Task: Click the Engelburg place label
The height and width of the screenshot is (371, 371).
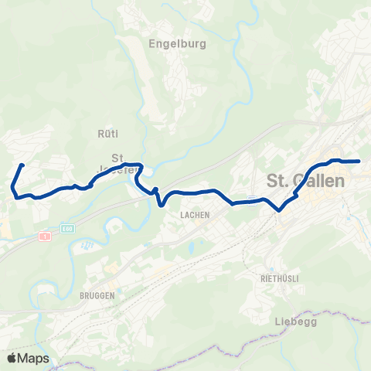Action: point(177,44)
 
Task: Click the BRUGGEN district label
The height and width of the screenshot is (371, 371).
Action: point(97,295)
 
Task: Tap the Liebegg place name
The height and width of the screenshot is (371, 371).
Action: point(297,321)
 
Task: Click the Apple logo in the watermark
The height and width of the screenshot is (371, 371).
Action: point(12,358)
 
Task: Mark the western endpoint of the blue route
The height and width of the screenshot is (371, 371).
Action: point(22,165)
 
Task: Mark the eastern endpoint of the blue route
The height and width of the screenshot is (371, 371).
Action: point(359,162)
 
